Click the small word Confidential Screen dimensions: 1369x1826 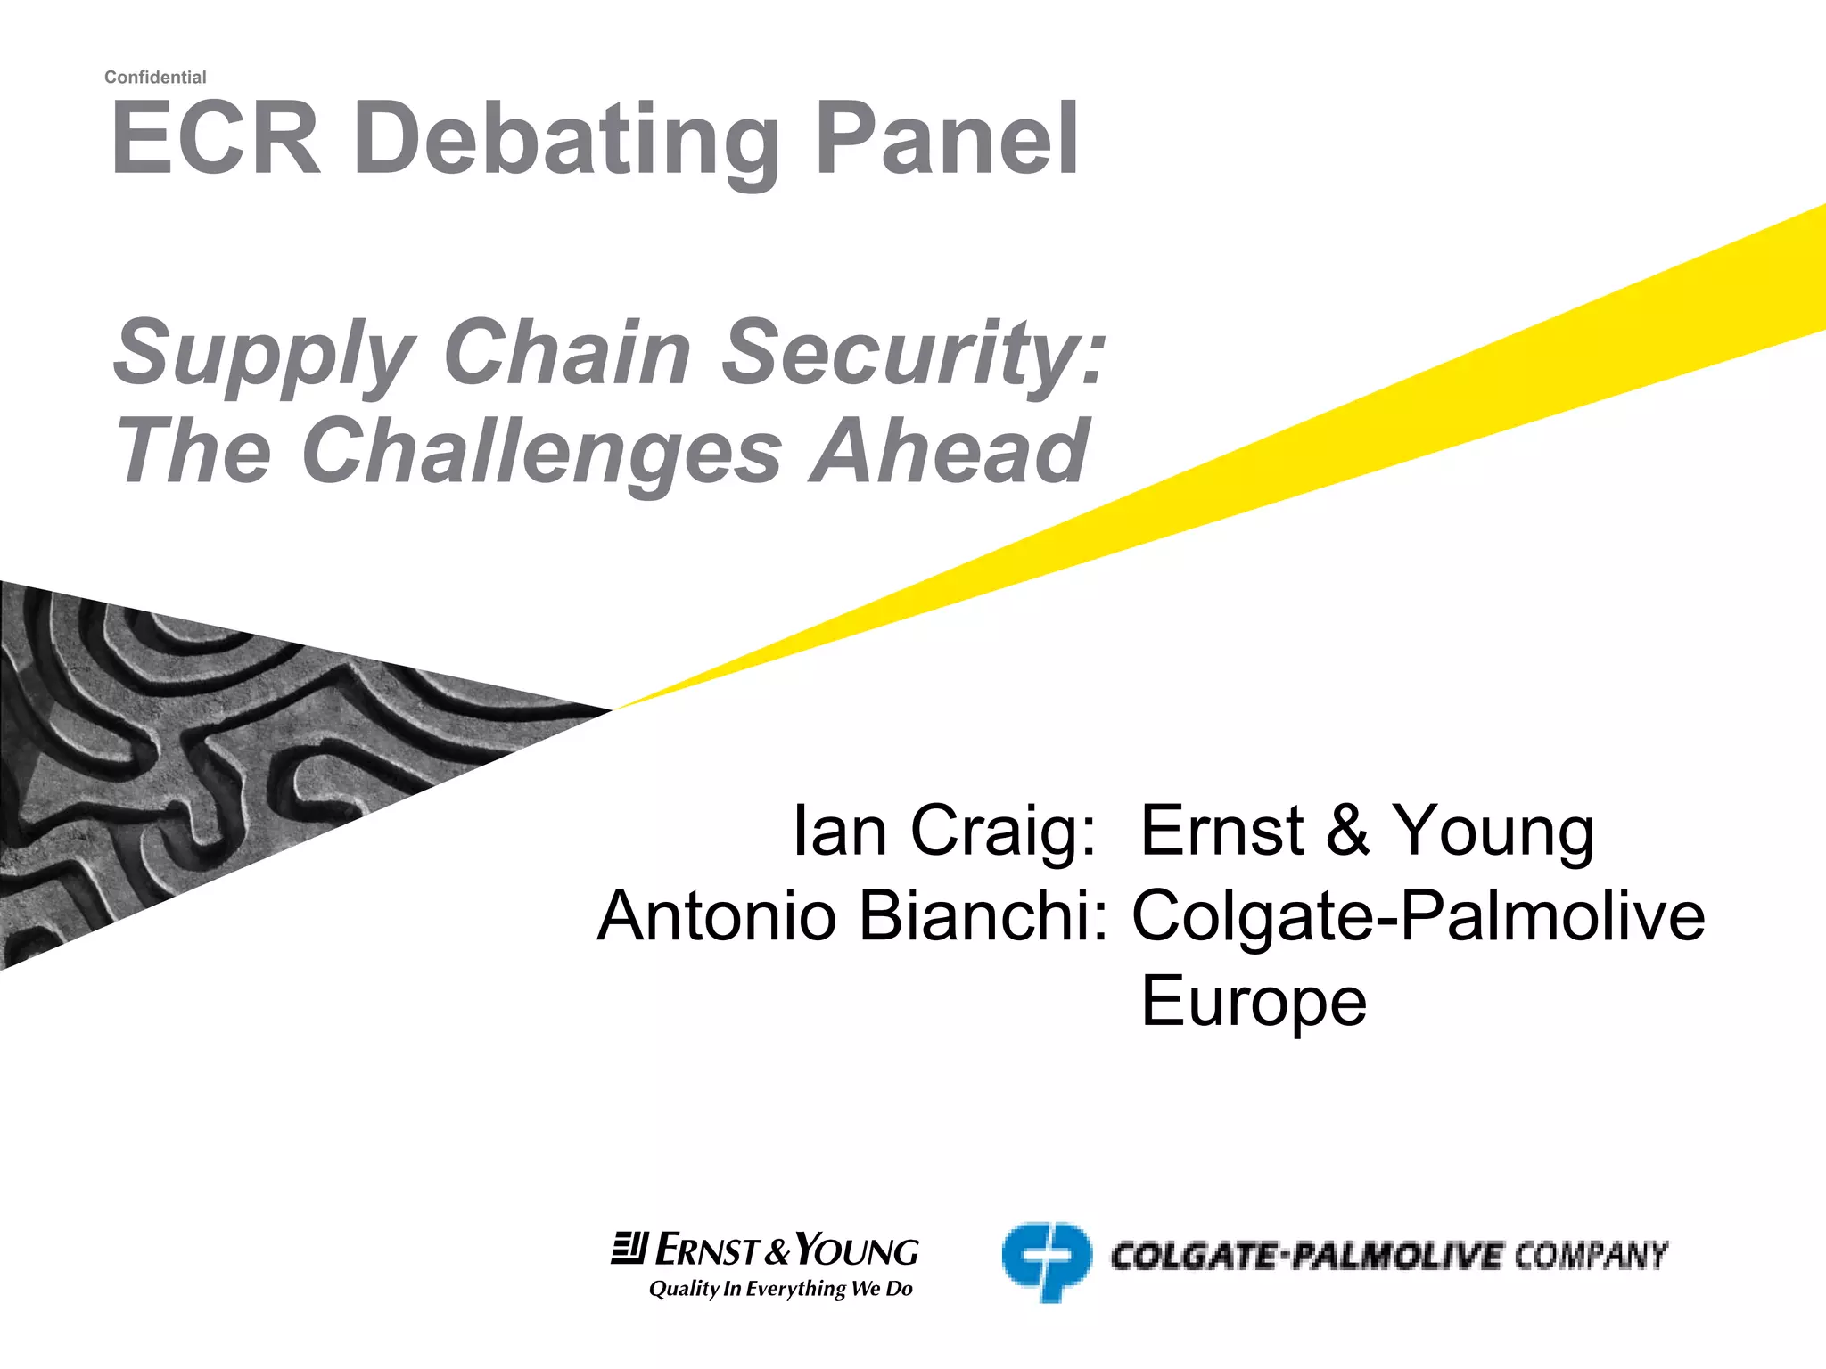click(x=155, y=78)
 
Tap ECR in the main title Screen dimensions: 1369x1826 click(x=215, y=140)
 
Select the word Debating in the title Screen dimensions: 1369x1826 click(x=567, y=143)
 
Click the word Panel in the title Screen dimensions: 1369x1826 click(x=947, y=140)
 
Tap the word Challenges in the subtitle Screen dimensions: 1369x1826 click(x=542, y=451)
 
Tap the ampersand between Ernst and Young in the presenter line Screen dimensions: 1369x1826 click(x=1346, y=831)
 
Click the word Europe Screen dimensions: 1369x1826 click(x=1253, y=1001)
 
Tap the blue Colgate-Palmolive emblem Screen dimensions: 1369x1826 click(x=1046, y=1261)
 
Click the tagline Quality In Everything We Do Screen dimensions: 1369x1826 click(x=780, y=1289)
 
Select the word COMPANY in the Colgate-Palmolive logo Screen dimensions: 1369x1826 click(x=1590, y=1256)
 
